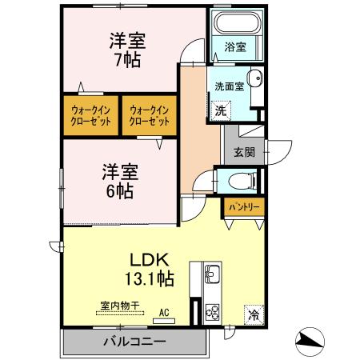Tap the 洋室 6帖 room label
(x=117, y=180)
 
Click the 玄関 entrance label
(x=245, y=150)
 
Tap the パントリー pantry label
(x=244, y=206)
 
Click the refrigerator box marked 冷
(x=254, y=314)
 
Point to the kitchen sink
(x=214, y=277)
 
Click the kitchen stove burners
(x=214, y=311)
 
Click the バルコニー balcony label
(x=134, y=342)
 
